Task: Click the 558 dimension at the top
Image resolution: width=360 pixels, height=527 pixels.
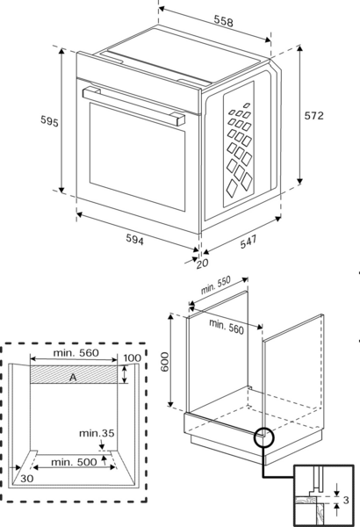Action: pos(224,21)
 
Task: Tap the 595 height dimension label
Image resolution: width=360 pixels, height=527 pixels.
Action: pos(49,121)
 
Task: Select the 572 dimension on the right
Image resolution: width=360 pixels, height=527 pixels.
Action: pos(314,116)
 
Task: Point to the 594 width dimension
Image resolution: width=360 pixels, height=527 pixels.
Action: pos(135,239)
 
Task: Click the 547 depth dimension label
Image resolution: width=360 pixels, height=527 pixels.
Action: pos(248,242)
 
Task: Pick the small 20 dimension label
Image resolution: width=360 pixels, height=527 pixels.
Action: pos(202,263)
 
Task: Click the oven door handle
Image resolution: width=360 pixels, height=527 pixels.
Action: pos(133,105)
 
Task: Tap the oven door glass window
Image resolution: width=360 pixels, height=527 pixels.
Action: pos(137,156)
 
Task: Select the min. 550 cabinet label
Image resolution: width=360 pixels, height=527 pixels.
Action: pos(216,285)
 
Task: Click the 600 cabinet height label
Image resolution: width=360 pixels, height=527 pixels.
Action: pos(165,362)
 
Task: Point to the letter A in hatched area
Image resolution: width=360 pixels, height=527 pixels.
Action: pos(73,378)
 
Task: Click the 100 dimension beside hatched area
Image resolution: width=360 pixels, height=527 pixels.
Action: pos(132,358)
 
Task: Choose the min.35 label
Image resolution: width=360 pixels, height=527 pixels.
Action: pos(97,433)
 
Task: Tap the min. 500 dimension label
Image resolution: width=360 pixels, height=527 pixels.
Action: pos(74,462)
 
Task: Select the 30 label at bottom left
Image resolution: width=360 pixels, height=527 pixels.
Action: pos(27,479)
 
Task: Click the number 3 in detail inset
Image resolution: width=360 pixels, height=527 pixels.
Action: pos(346,500)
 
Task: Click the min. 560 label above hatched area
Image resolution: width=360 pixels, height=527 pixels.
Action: pos(76,352)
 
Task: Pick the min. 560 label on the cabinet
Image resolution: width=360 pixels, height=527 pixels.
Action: pos(227,327)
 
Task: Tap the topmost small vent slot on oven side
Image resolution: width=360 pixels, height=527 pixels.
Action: pos(247,105)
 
